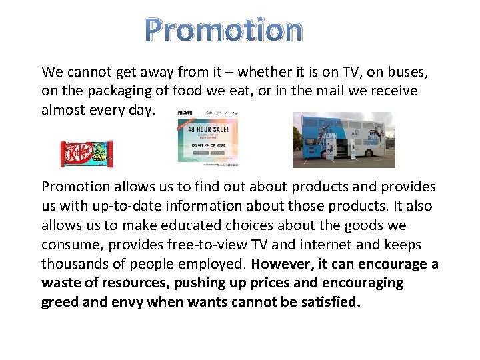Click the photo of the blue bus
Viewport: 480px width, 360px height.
[343, 139]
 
